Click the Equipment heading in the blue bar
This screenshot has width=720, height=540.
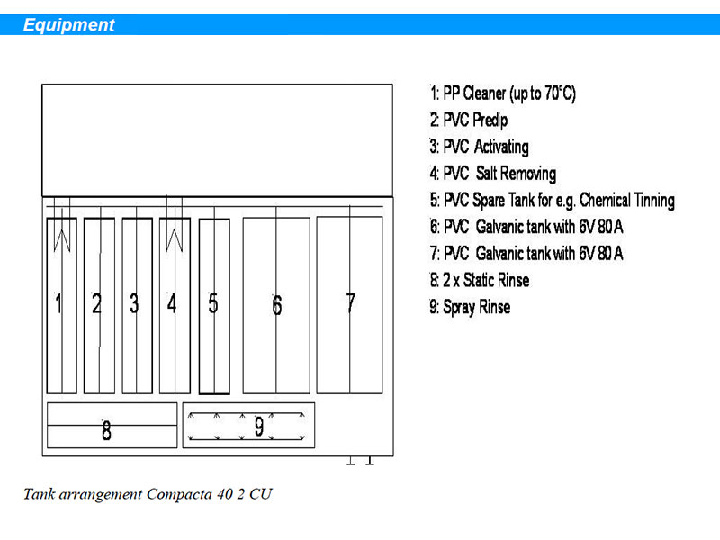[x=69, y=25]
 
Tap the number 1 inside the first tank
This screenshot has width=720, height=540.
[x=58, y=303]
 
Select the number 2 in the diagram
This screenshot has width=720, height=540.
[x=96, y=303]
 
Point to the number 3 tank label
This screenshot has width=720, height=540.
[x=134, y=303]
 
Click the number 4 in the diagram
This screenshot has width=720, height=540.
[x=172, y=303]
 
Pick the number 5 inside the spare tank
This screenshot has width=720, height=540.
[x=213, y=303]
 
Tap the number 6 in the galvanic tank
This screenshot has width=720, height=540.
[x=277, y=305]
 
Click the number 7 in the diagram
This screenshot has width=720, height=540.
[x=350, y=303]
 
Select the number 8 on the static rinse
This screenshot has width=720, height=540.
[x=106, y=431]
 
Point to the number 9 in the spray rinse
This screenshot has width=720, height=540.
[x=259, y=426]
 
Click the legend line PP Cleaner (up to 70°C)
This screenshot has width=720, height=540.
[x=503, y=94]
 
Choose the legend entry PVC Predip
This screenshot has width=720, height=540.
[x=469, y=121]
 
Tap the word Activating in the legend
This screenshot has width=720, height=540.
[x=501, y=147]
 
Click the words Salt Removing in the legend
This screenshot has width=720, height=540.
[x=516, y=174]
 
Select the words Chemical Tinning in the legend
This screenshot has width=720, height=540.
[x=627, y=200]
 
